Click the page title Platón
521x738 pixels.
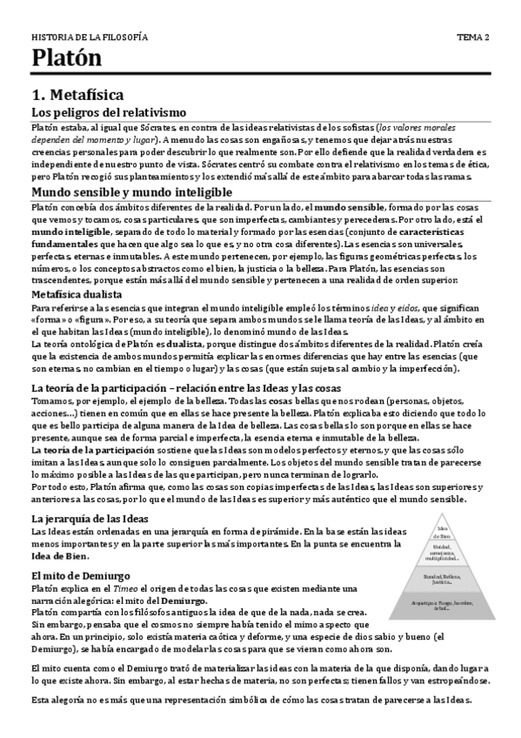pyautogui.click(x=66, y=58)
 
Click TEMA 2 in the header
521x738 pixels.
pyautogui.click(x=473, y=37)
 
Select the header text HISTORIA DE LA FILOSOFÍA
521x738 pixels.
pyautogui.click(x=90, y=37)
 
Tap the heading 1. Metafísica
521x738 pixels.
pyautogui.click(x=77, y=94)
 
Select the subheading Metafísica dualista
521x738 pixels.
pyautogui.click(x=83, y=295)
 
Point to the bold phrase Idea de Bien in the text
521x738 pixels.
pyautogui.click(x=61, y=554)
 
